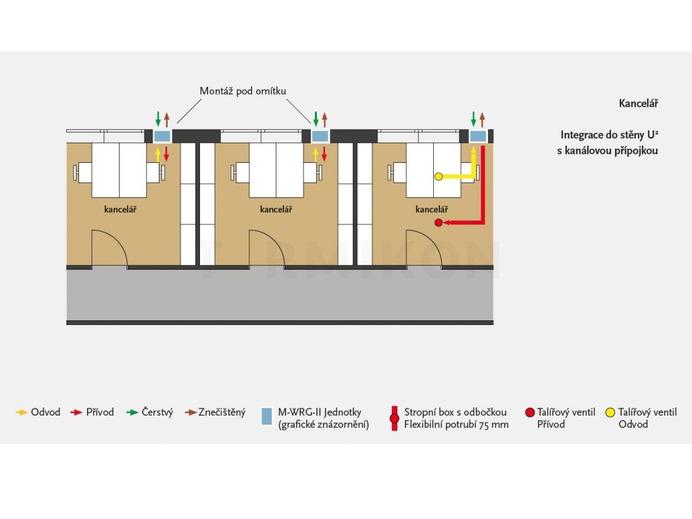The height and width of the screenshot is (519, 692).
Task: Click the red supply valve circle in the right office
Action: (438, 222)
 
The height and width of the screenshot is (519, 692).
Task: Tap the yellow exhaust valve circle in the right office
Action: (438, 176)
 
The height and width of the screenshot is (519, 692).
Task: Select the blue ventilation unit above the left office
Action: (162, 136)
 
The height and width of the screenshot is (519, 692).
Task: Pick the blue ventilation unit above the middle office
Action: (320, 136)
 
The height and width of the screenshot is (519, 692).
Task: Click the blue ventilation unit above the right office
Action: (478, 136)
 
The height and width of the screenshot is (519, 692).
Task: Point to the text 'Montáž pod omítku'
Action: (243, 91)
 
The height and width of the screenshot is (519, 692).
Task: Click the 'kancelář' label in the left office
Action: (120, 209)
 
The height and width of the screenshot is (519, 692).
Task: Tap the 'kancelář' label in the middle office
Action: (276, 209)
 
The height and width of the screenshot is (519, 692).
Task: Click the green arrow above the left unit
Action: (158, 119)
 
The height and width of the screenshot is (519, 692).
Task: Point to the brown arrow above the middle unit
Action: (324, 119)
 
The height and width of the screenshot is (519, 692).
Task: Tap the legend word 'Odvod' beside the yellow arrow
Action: (45, 412)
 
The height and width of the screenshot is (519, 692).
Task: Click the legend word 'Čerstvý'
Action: (157, 412)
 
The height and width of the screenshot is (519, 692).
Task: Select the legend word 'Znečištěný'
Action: (222, 412)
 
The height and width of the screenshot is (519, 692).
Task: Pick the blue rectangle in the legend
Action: (266, 416)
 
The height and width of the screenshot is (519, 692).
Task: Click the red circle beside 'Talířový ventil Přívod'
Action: (530, 413)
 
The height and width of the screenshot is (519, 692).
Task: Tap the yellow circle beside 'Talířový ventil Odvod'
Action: (610, 413)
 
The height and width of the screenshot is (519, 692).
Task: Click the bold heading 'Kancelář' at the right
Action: (638, 103)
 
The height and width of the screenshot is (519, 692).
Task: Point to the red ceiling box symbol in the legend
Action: (395, 418)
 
